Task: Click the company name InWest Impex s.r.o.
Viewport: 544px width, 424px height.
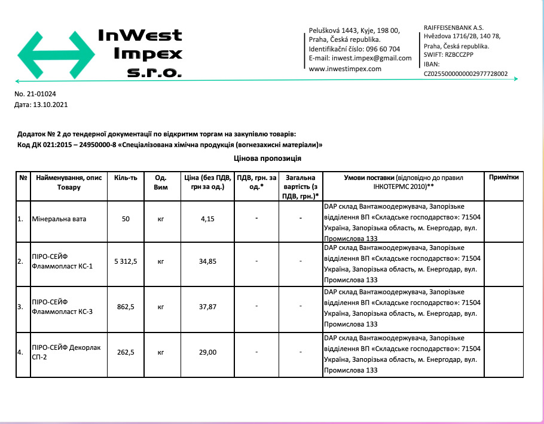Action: point(140,54)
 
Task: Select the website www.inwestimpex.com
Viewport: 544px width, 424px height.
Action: point(345,69)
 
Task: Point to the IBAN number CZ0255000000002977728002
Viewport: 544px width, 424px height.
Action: point(466,74)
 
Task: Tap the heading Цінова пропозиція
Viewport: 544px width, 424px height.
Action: point(267,158)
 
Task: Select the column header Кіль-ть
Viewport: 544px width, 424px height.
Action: point(126,178)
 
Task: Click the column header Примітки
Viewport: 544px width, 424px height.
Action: point(503,178)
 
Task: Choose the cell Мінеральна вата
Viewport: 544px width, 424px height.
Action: point(59,219)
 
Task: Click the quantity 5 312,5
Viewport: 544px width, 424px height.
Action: point(126,261)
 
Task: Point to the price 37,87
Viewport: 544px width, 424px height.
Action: point(207,307)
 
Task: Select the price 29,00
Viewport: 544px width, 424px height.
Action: point(207,352)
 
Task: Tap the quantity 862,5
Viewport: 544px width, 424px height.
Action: point(126,307)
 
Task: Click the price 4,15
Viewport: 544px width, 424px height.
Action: point(207,219)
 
